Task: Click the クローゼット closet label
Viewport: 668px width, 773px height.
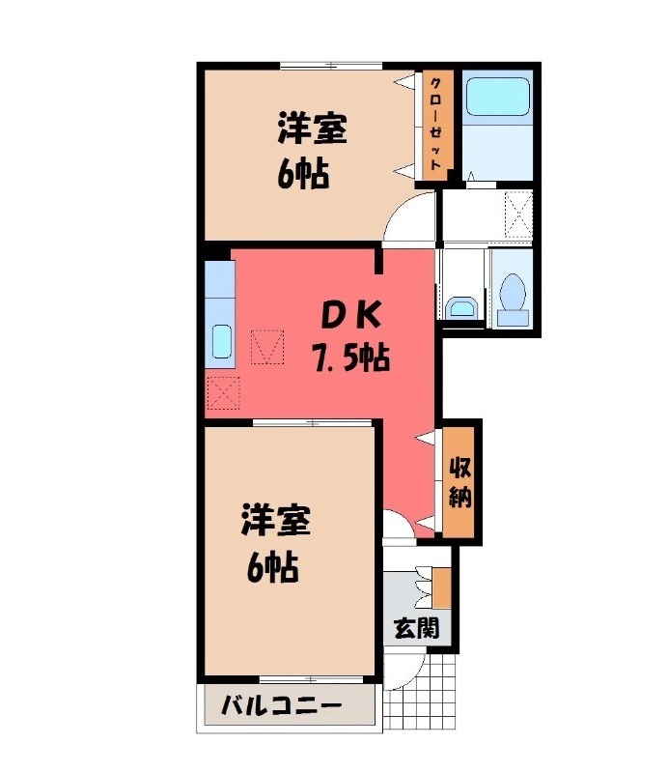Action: (435, 126)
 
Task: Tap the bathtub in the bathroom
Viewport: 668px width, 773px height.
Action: (497, 98)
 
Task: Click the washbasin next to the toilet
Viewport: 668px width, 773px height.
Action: (460, 308)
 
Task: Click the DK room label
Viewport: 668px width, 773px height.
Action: (351, 315)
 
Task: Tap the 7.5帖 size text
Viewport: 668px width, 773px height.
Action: (349, 359)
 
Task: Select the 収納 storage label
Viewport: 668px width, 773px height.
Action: (459, 482)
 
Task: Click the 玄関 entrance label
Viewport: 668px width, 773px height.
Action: (416, 628)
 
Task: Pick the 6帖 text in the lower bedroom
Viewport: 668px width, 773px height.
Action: (269, 568)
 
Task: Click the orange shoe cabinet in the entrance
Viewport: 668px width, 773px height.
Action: (441, 588)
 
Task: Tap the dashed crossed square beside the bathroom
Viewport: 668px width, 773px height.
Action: (519, 215)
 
